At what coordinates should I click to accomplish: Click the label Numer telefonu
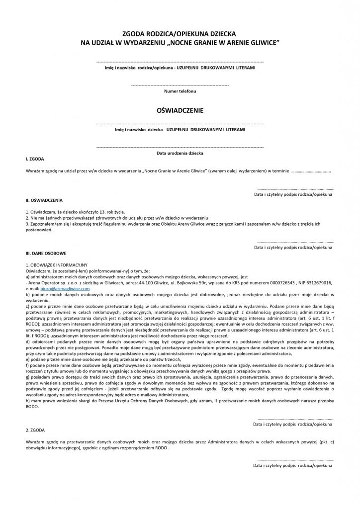pos(180,92)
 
